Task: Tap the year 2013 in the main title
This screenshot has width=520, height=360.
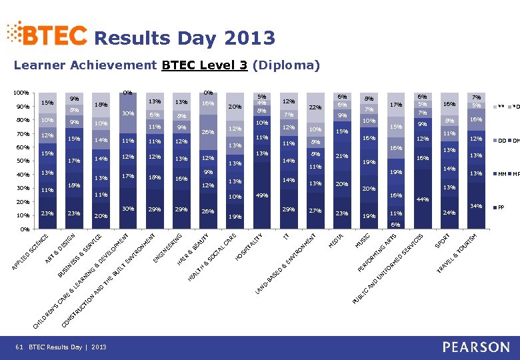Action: click(x=250, y=38)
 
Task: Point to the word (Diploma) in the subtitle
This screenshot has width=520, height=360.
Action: click(x=287, y=65)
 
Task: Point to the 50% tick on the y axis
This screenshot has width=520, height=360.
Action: click(x=21, y=161)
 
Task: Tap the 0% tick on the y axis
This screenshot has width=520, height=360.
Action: click(x=23, y=229)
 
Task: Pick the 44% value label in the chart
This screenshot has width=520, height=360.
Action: click(x=422, y=199)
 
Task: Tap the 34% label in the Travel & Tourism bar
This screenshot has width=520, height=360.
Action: click(x=476, y=205)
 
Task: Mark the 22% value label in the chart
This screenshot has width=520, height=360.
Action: click(x=315, y=108)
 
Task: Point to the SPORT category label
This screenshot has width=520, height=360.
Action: click(x=444, y=239)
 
